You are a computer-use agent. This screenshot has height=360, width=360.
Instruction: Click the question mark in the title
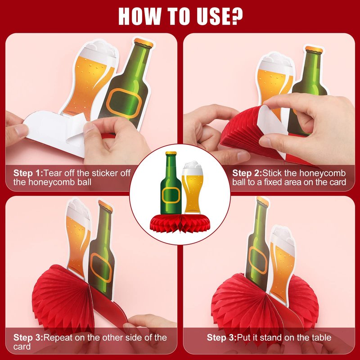tap(235, 16)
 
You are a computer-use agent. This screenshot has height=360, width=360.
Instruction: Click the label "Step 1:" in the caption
tap(28, 173)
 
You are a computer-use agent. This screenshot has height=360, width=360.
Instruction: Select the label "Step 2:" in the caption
tap(247, 173)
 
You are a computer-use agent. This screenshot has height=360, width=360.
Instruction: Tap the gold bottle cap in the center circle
tap(171, 153)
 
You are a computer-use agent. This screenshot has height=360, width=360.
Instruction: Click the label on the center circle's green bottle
tap(171, 195)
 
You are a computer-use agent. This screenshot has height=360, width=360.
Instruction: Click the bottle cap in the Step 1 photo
tap(144, 43)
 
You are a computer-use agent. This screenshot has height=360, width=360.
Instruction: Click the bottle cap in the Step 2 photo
tap(314, 49)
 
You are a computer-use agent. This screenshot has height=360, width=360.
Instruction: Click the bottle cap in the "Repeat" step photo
tap(106, 206)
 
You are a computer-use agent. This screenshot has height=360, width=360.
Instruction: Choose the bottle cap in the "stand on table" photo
tap(263, 201)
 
